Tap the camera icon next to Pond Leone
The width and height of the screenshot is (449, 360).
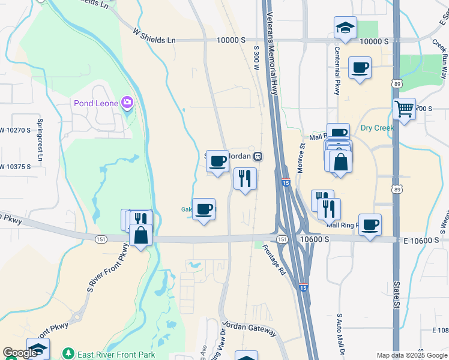(127, 103)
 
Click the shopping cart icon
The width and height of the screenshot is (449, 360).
(405, 109)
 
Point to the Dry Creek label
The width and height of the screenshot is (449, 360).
(376, 128)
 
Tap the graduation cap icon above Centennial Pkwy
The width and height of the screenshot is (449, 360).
(345, 27)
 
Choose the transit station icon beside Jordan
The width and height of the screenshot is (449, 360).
(258, 156)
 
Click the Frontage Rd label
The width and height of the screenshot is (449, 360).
(275, 259)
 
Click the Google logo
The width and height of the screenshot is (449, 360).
(20, 353)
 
